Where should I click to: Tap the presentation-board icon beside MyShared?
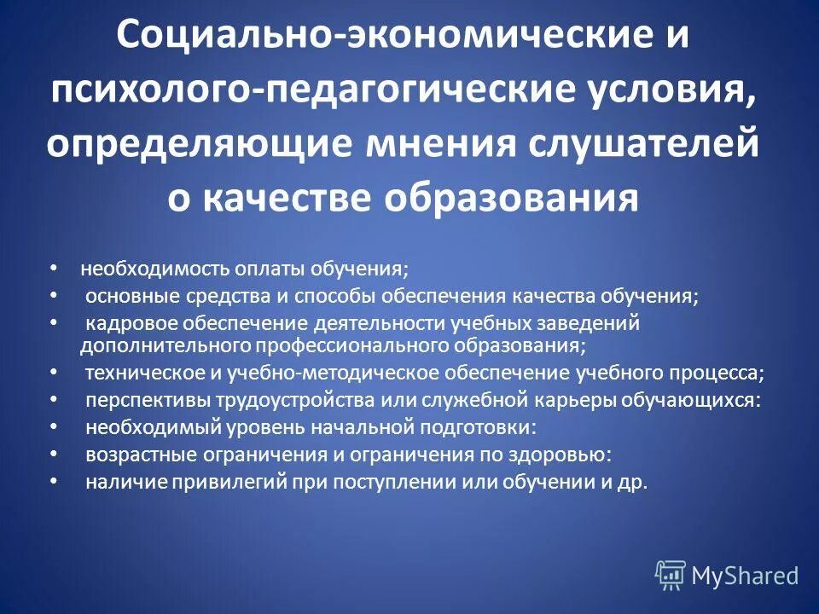671,575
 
